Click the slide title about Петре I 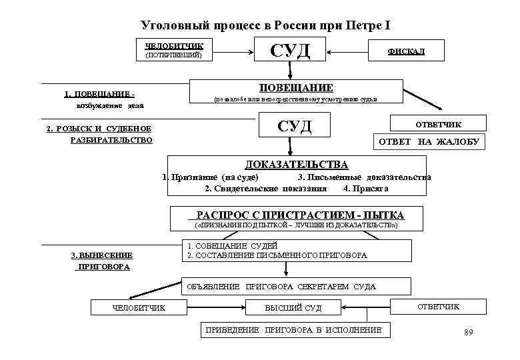[x=265, y=25]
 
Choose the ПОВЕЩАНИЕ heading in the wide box [x=296, y=88]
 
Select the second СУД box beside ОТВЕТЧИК [x=293, y=126]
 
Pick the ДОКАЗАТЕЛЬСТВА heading [x=296, y=164]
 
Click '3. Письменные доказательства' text [x=363, y=177]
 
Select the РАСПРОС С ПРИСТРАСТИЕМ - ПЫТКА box [x=296, y=215]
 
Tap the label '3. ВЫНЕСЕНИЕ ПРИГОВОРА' [x=102, y=261]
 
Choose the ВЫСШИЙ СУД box [x=293, y=307]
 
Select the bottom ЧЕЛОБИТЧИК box [x=139, y=307]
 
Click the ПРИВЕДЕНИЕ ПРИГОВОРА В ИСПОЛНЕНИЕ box [x=293, y=330]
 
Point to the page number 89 [x=467, y=333]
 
